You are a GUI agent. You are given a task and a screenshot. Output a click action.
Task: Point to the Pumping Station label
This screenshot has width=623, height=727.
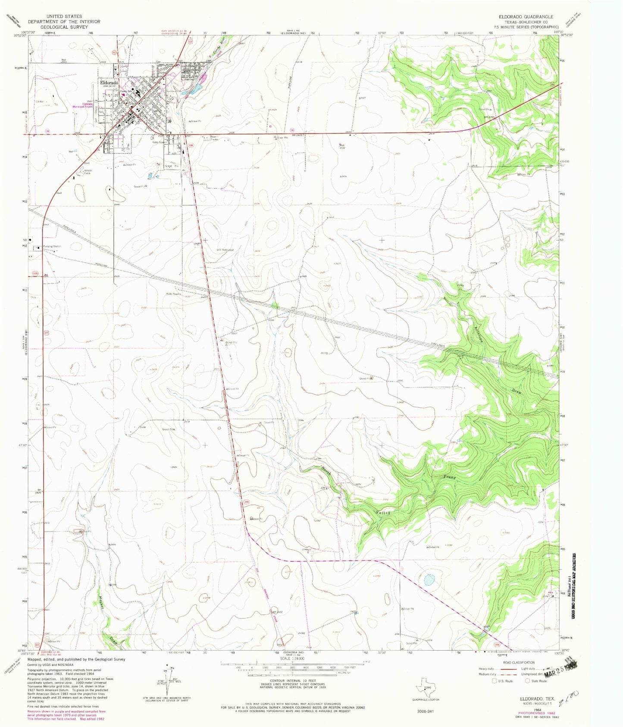click(x=52, y=246)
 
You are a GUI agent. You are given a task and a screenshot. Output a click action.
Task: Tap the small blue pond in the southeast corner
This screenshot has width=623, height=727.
click(x=429, y=580)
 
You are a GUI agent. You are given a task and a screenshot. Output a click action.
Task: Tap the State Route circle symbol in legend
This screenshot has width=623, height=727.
click(x=527, y=681)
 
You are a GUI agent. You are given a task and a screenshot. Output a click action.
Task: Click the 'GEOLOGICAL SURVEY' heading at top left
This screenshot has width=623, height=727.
click(x=64, y=27)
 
